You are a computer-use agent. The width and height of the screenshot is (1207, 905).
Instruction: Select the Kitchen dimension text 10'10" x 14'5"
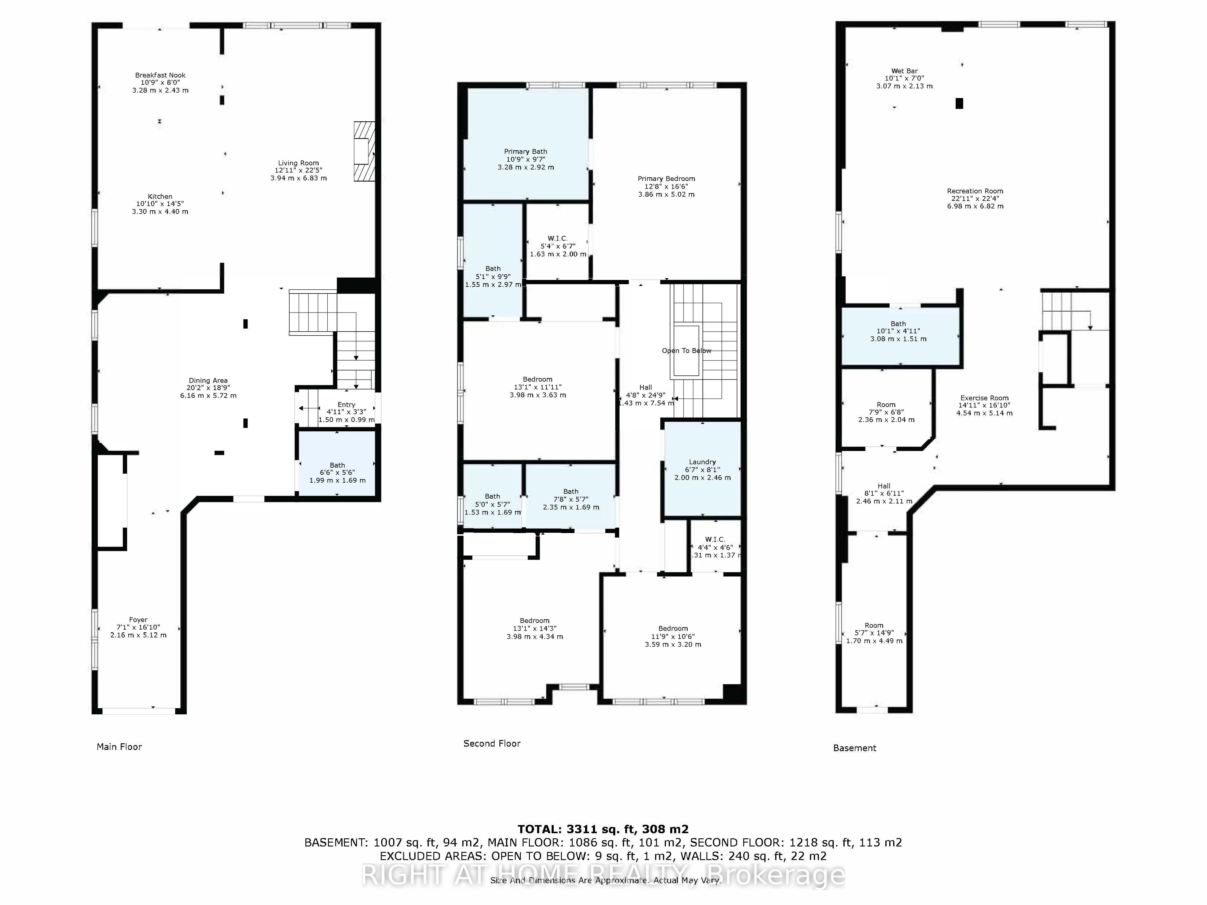(x=160, y=204)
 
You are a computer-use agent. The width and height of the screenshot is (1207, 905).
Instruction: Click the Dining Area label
(x=208, y=381)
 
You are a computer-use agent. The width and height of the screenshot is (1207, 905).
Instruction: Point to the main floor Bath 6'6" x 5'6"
(x=337, y=465)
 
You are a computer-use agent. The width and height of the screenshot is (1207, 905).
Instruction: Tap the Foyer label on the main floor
(x=138, y=620)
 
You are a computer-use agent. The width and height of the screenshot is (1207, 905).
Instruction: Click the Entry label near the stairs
(x=346, y=405)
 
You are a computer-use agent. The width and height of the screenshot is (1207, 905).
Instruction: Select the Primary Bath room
(x=525, y=152)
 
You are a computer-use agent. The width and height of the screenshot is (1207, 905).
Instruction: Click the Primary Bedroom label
(x=666, y=179)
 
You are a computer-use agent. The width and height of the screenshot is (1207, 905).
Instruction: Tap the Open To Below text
(x=686, y=351)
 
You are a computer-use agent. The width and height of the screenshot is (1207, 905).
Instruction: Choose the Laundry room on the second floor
(x=702, y=462)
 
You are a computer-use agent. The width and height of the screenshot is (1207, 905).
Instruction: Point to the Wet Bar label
(x=904, y=71)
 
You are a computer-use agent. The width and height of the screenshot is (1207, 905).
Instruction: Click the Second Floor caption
(x=492, y=744)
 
